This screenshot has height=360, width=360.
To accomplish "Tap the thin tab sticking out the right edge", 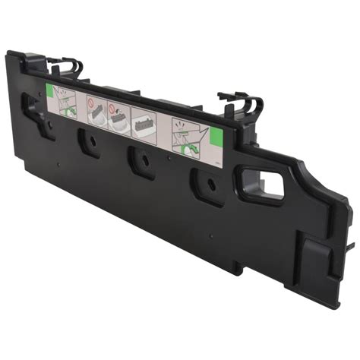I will [x=350, y=247].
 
